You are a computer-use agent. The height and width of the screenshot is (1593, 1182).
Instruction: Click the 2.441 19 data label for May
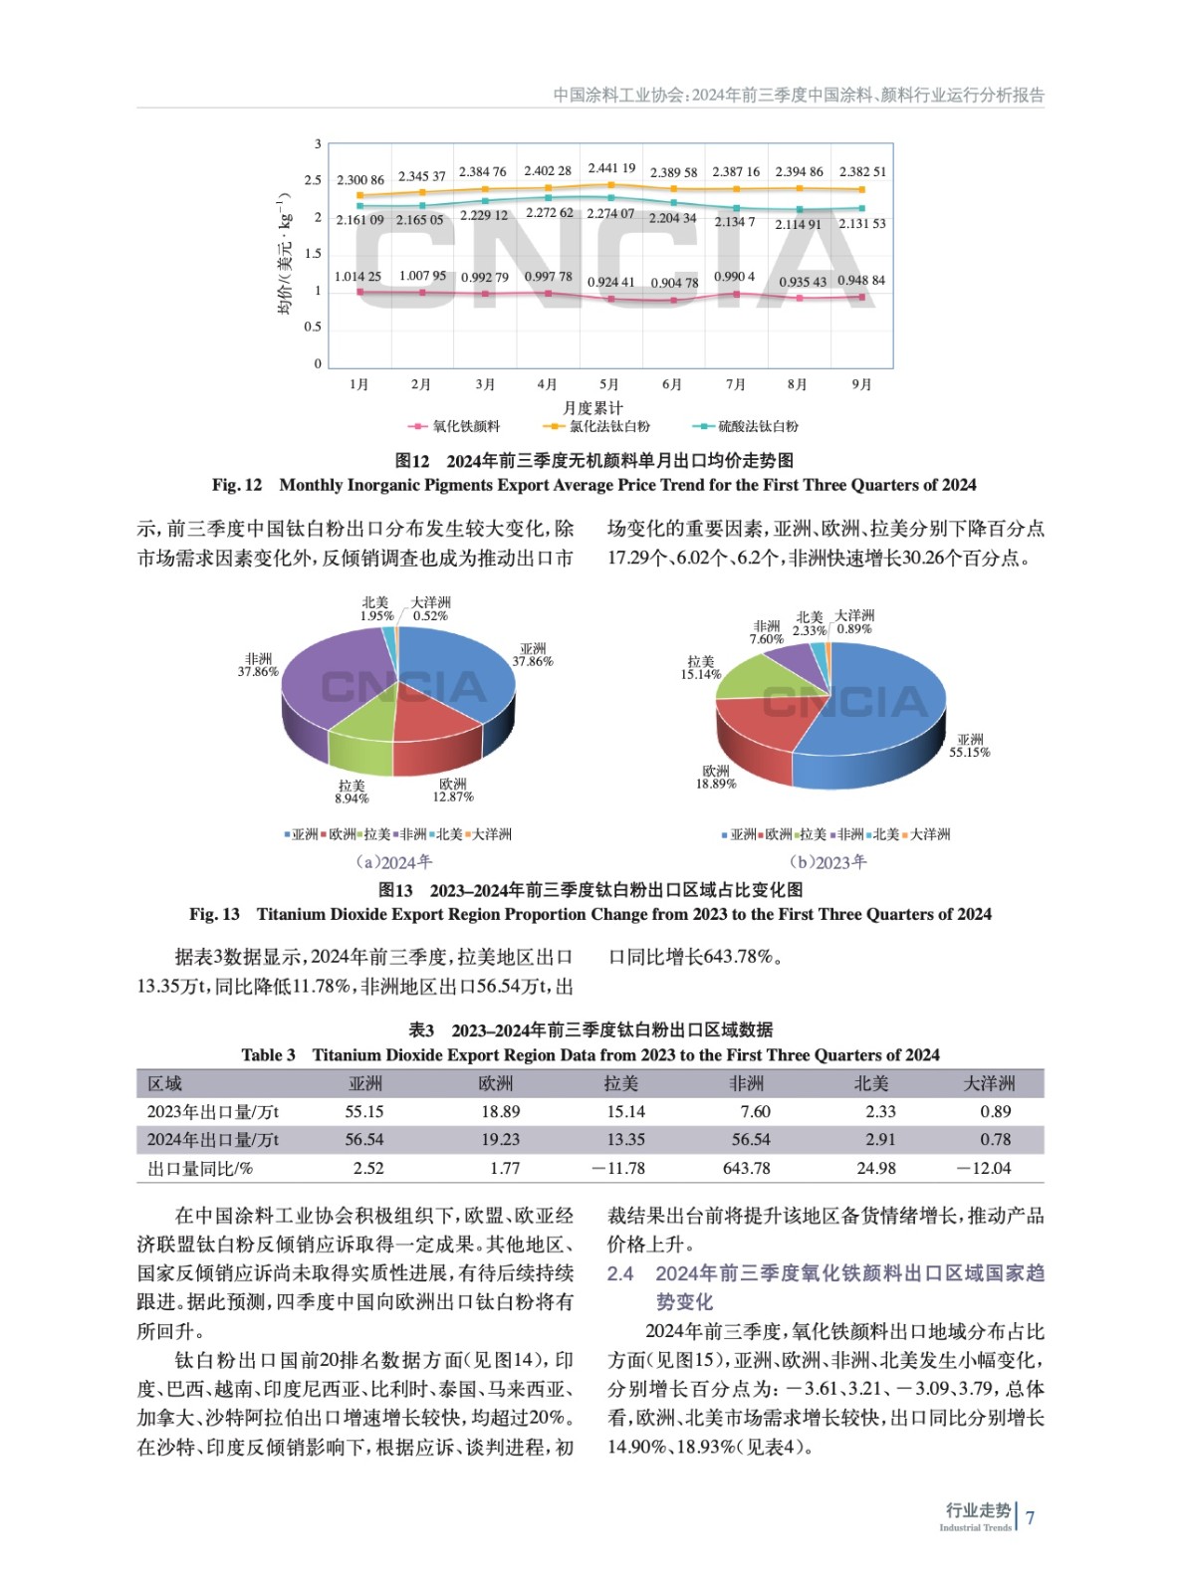611,168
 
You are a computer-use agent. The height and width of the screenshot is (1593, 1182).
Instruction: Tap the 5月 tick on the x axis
608,384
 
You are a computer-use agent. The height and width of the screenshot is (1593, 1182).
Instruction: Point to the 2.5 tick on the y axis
313,180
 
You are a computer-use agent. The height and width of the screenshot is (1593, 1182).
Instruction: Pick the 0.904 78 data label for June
674,283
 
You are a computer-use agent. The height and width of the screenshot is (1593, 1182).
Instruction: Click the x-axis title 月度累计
592,407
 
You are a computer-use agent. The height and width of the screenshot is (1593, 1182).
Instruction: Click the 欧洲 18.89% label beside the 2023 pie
716,778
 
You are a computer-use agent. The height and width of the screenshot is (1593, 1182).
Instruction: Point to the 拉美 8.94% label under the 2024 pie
352,793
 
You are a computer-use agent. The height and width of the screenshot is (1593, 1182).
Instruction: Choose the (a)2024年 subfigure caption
394,862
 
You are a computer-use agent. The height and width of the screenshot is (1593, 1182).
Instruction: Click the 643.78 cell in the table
747,1168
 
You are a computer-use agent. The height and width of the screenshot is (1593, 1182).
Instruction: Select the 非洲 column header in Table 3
746,1083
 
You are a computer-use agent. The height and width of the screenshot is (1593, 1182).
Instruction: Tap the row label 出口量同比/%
200,1168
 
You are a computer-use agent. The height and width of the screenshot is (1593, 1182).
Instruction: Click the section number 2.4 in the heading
620,1273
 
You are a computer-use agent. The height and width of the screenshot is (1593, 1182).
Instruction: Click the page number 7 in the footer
1031,1517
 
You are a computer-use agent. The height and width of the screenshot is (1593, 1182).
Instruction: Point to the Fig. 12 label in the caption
237,485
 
